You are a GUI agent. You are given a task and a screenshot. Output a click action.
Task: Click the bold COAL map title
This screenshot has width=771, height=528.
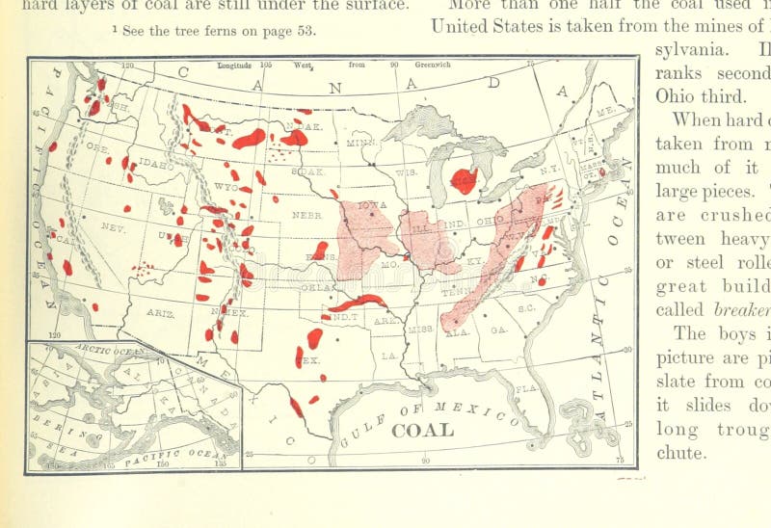(422, 431)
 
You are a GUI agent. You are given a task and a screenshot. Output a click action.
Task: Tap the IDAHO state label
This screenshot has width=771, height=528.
(154, 165)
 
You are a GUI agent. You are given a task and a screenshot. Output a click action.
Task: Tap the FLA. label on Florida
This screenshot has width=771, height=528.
(525, 388)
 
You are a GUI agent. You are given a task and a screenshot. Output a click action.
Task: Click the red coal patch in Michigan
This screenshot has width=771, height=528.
(464, 180)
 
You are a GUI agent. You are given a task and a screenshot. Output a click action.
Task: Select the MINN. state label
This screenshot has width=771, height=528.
(360, 143)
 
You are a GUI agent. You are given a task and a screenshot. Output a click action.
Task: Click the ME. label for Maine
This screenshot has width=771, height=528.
(606, 112)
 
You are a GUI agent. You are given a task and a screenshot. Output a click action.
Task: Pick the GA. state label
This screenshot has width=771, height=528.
(498, 329)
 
